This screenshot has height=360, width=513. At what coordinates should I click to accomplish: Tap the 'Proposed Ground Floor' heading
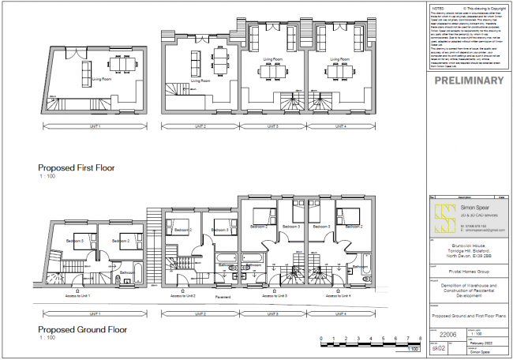click(x=84, y=329)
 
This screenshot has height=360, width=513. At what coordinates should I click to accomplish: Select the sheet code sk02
click(x=439, y=347)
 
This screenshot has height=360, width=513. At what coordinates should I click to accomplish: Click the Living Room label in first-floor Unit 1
click(x=101, y=80)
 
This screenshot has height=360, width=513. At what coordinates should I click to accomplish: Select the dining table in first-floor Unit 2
click(x=220, y=62)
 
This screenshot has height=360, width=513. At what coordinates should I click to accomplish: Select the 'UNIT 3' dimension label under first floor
click(x=271, y=126)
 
